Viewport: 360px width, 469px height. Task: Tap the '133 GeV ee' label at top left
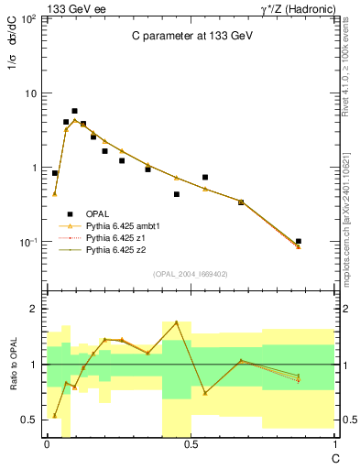click(x=71, y=7)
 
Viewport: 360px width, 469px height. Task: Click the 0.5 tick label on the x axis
click(x=190, y=443)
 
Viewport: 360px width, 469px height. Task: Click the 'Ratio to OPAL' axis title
click(x=14, y=364)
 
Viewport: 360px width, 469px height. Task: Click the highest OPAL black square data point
click(x=74, y=111)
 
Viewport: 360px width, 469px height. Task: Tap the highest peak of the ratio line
click(x=176, y=322)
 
